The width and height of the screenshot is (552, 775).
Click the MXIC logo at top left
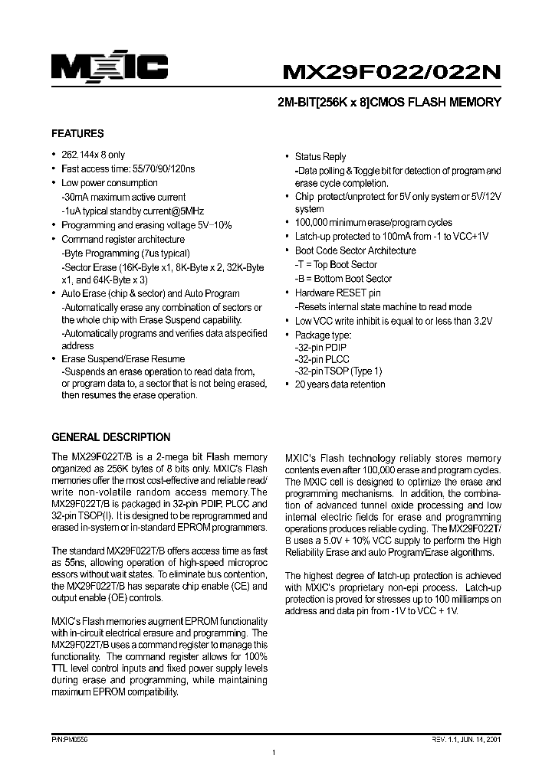click(x=109, y=68)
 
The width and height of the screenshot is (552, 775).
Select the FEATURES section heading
click(x=77, y=132)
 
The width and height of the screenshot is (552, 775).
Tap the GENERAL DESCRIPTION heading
click(x=110, y=437)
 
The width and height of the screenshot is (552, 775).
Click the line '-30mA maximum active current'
click(x=123, y=197)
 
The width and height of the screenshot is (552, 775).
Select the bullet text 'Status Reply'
click(x=320, y=157)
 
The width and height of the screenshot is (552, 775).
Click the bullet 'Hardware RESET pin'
click(x=337, y=293)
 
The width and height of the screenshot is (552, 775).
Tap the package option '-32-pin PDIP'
click(x=320, y=348)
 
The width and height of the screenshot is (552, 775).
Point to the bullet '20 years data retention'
click(x=340, y=384)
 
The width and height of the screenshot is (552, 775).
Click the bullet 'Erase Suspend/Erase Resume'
click(x=123, y=358)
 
